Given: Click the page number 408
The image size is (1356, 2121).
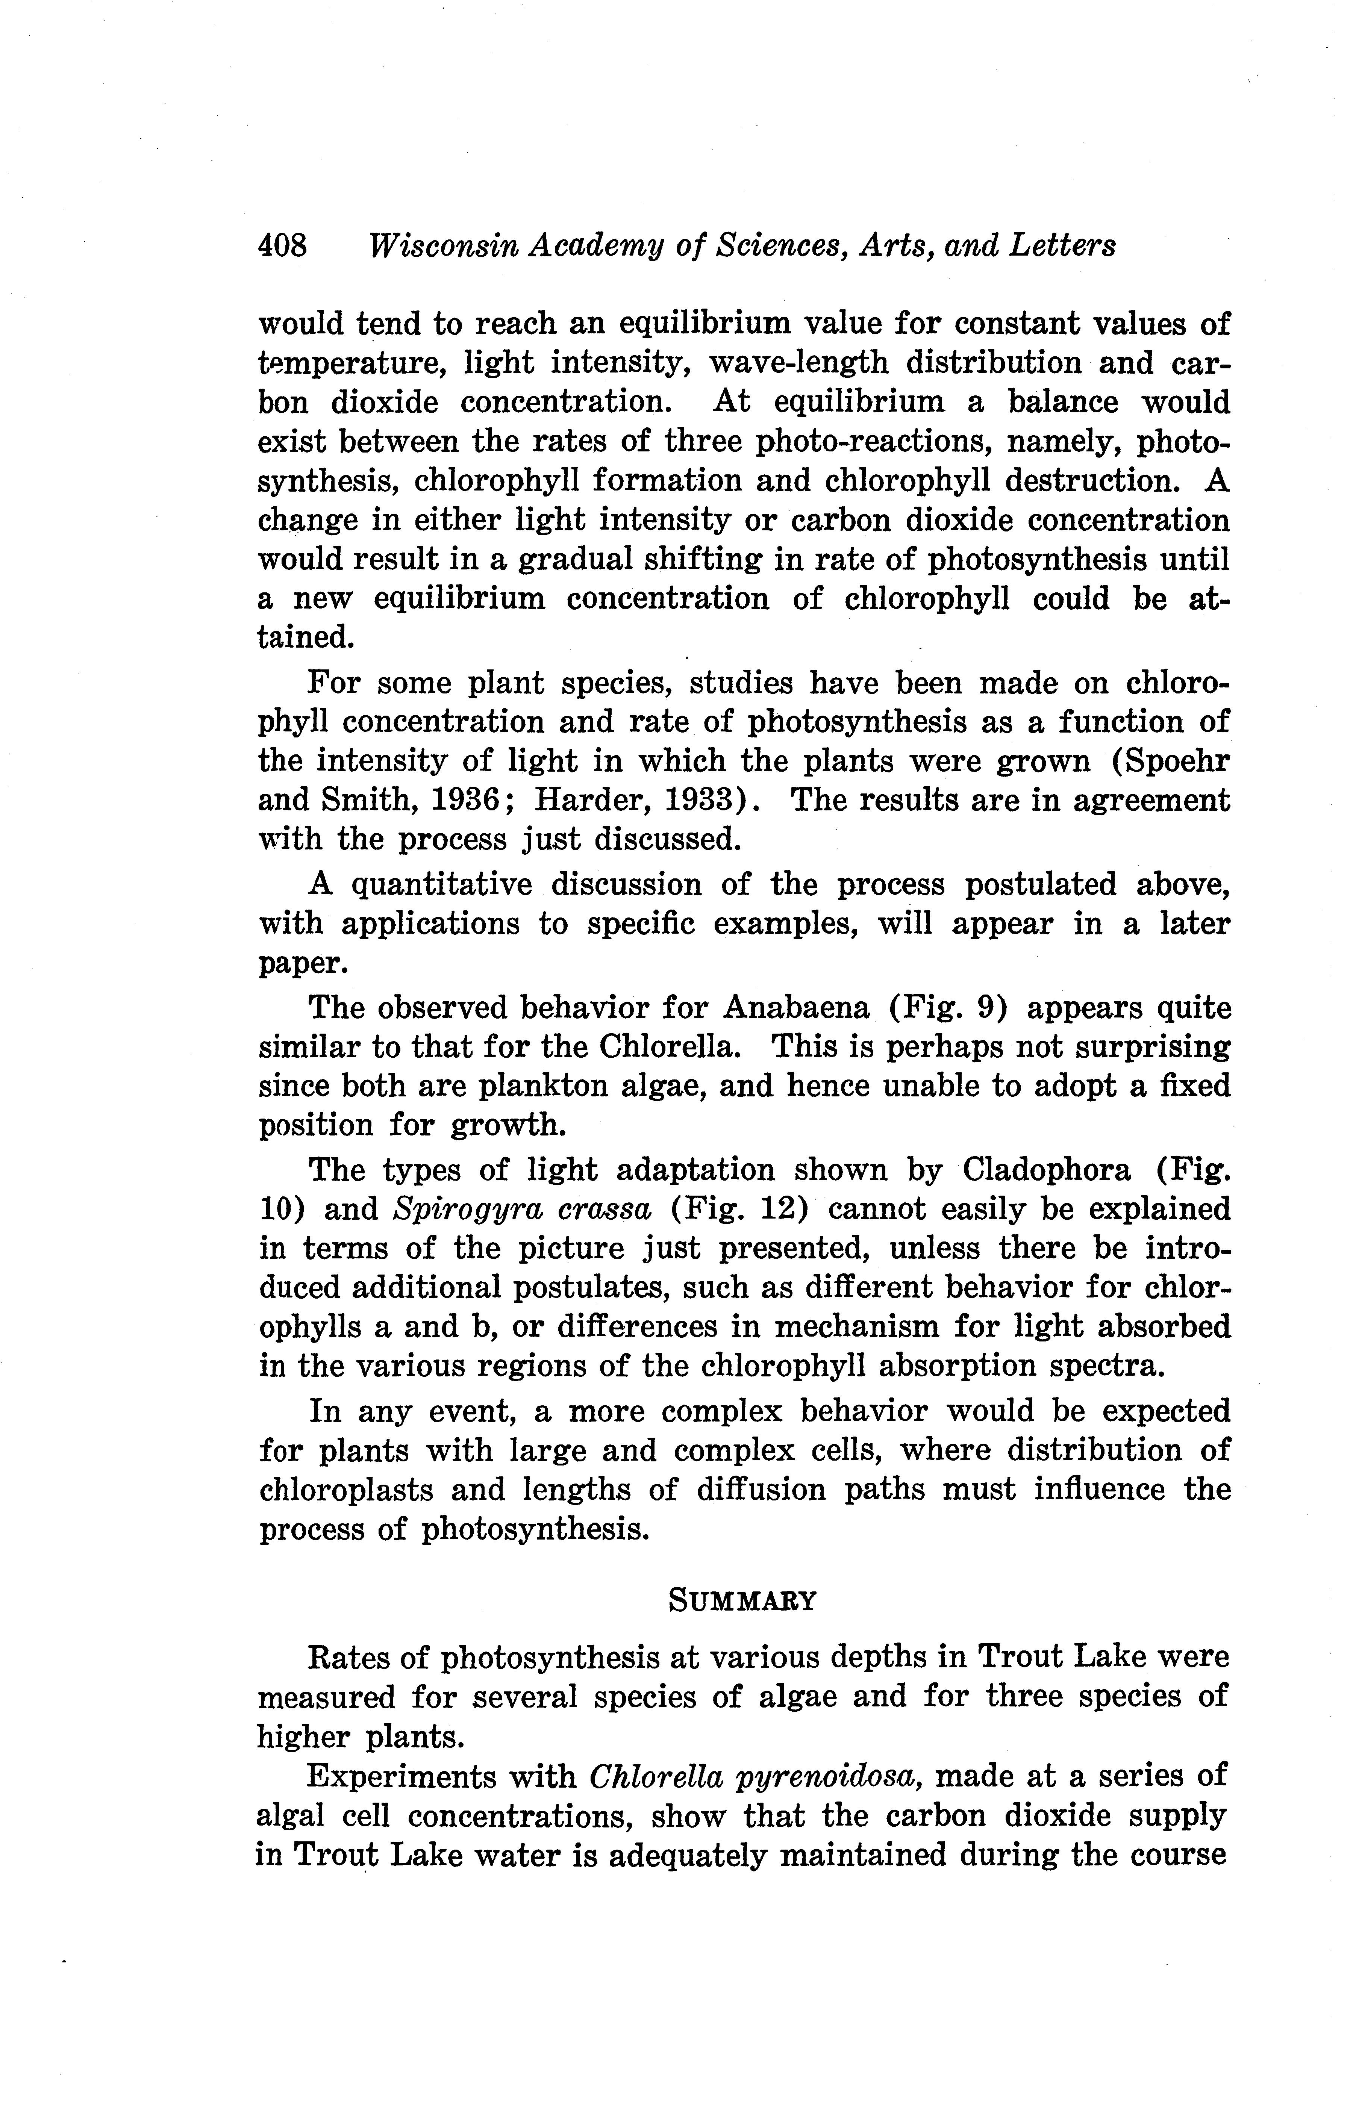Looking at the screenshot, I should click(282, 245).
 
